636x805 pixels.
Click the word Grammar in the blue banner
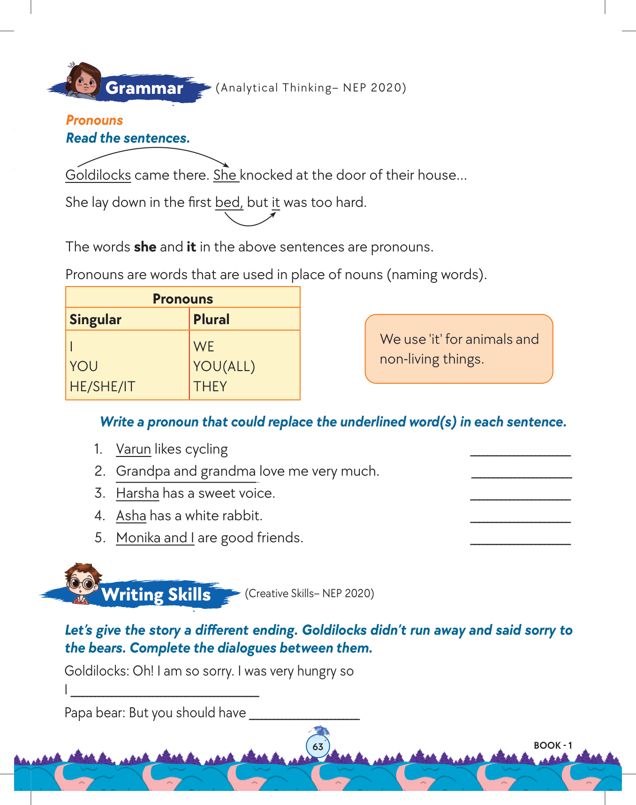144,88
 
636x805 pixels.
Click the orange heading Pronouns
94,120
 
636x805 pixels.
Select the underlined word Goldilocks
98,175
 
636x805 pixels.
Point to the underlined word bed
228,202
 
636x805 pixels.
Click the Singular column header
96,319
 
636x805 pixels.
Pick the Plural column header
212,319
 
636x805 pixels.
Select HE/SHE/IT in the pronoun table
102,387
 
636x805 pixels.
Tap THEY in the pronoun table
210,387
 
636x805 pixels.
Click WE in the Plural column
204,347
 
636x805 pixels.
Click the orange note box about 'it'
459,349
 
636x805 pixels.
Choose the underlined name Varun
133,449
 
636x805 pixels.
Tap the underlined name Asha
131,516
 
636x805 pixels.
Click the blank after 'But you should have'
304,715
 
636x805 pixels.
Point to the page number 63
318,746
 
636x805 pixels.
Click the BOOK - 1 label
553,745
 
